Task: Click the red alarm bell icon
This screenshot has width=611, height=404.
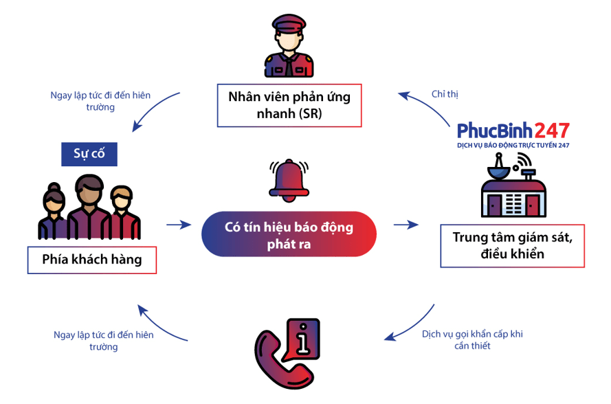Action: (x=289, y=180)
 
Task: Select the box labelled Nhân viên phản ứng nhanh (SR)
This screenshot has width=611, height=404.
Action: (x=289, y=105)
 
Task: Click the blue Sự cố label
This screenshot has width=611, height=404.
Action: (x=89, y=153)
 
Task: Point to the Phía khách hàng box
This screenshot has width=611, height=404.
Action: (x=92, y=260)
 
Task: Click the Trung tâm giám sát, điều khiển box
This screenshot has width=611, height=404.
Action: (x=512, y=245)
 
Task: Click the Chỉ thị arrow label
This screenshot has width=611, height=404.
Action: (x=445, y=93)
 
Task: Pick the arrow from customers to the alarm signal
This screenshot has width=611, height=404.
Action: (x=178, y=224)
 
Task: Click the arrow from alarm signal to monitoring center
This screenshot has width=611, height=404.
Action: (x=406, y=224)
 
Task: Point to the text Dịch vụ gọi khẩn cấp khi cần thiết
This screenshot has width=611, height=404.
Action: (x=472, y=339)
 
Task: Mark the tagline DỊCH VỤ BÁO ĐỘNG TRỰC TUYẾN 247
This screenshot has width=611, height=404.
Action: (x=513, y=146)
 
